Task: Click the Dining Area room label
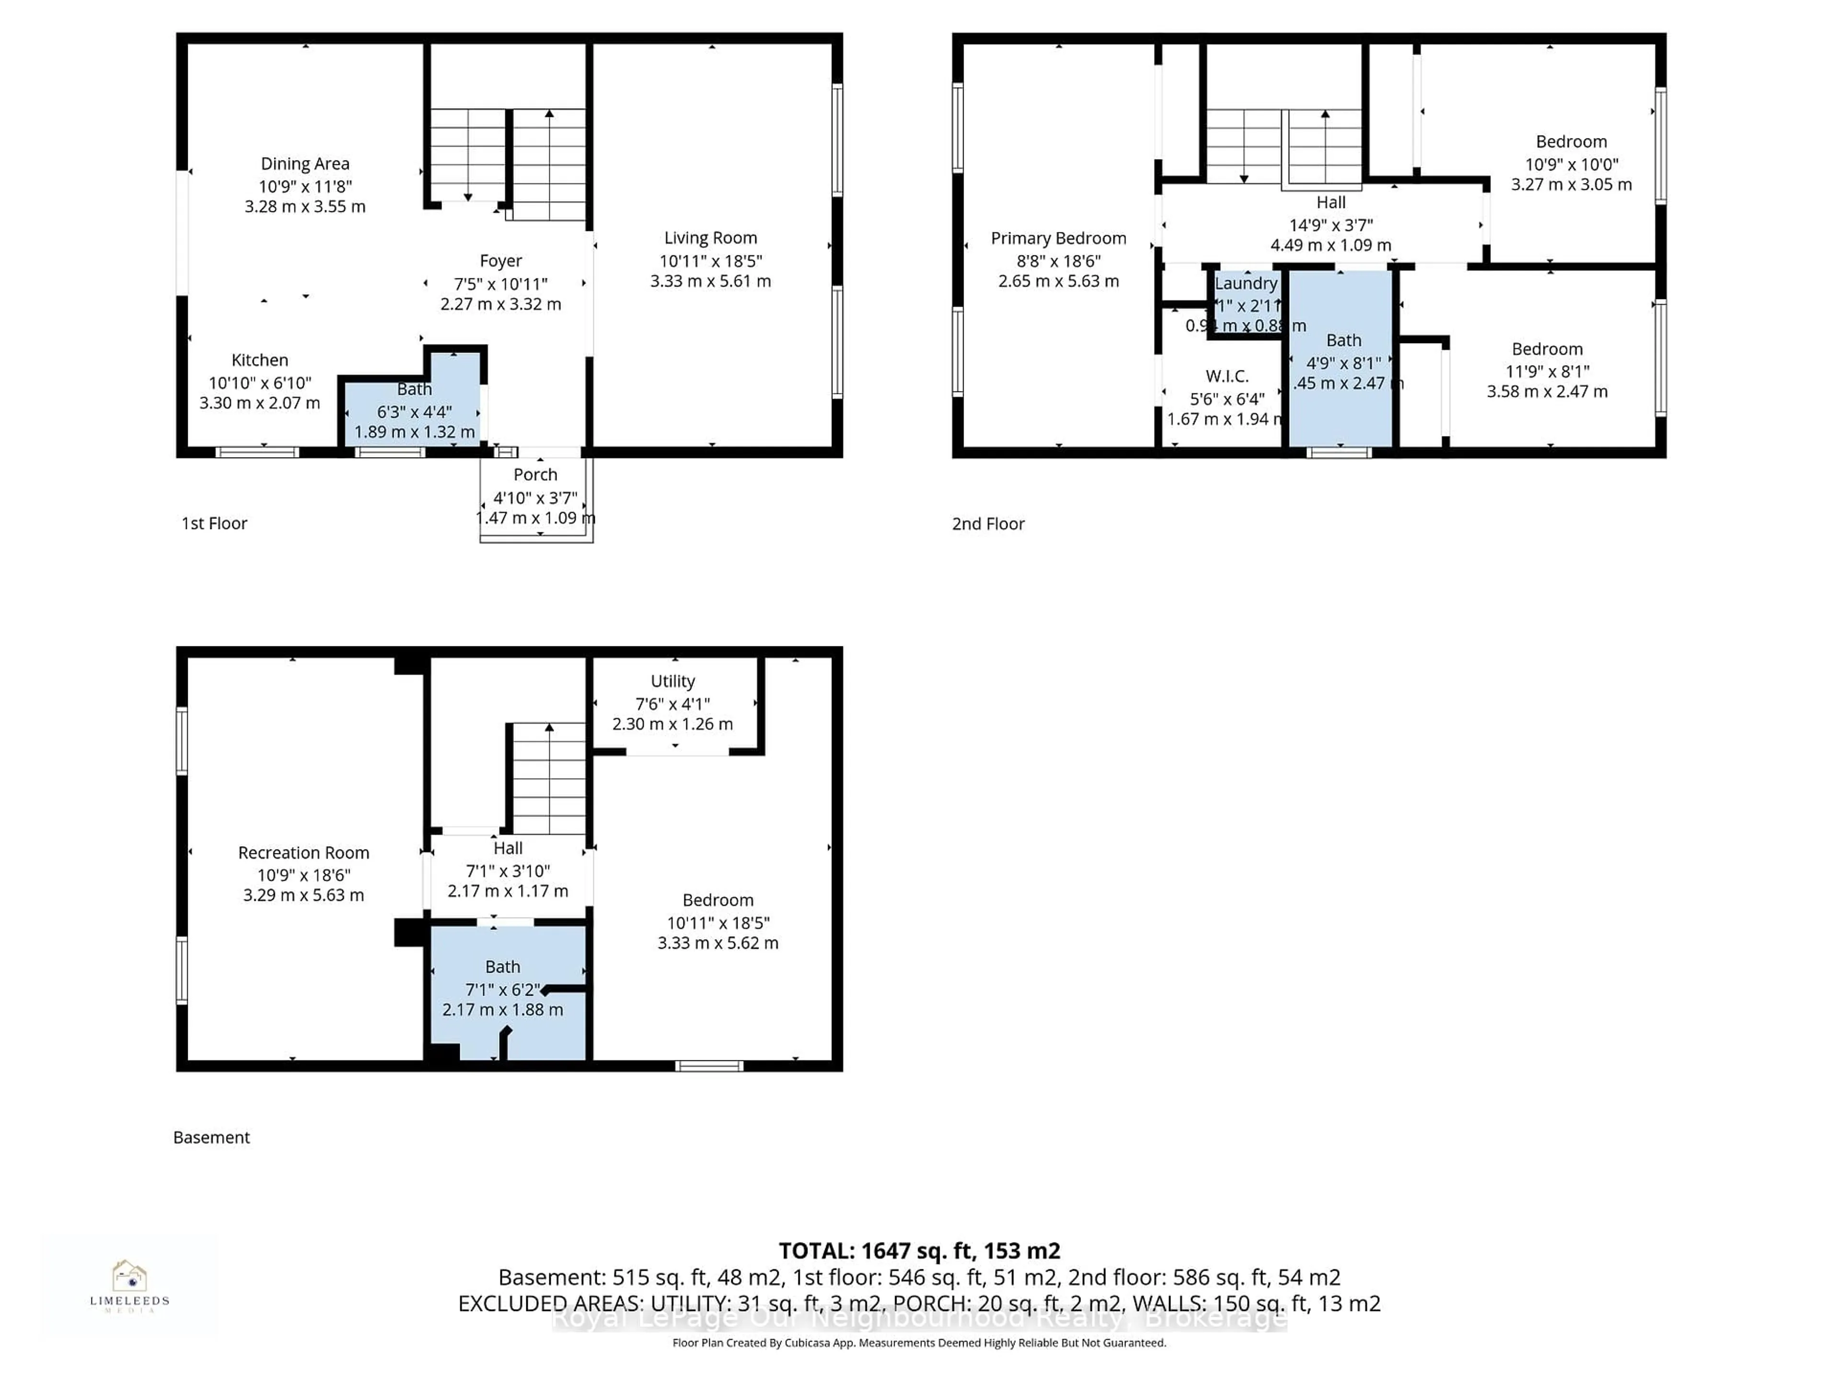point(305,164)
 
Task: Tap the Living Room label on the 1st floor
point(710,238)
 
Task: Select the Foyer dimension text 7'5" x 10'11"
point(500,284)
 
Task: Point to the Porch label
point(535,475)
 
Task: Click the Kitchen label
point(260,360)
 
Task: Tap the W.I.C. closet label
point(1226,377)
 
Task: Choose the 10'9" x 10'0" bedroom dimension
point(1571,165)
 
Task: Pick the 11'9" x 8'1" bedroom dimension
point(1547,371)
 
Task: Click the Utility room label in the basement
point(672,681)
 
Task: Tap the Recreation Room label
point(304,852)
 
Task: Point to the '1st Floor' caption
point(215,523)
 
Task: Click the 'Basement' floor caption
point(211,1137)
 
